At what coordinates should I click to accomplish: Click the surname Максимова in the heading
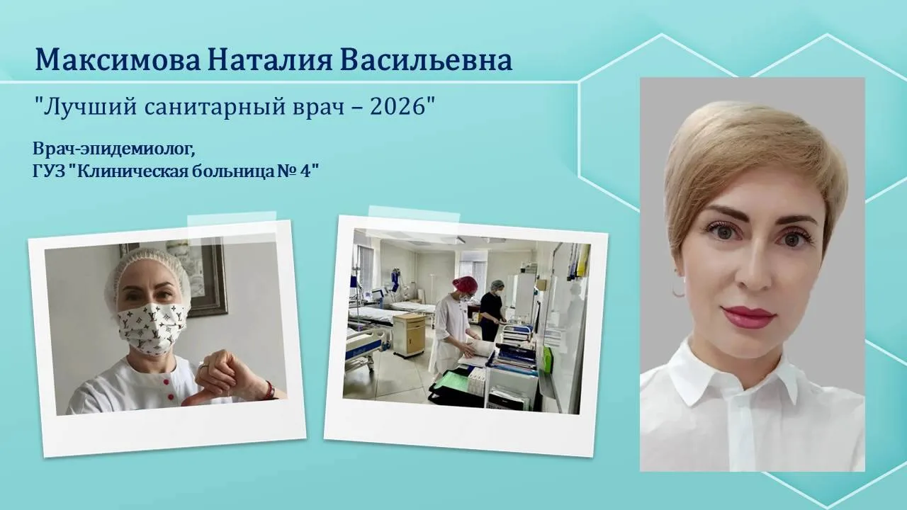[x=118, y=60]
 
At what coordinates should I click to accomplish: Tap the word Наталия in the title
[x=271, y=60]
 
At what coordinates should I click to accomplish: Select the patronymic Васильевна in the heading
[x=427, y=60]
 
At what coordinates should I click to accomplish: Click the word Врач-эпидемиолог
[x=114, y=149]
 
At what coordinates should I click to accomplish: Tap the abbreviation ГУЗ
[x=50, y=171]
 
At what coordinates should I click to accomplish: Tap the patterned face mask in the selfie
[x=152, y=327]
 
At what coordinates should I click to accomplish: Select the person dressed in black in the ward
[x=491, y=310]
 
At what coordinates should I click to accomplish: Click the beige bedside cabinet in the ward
[x=410, y=334]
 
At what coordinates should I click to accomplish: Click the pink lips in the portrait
[x=749, y=317]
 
